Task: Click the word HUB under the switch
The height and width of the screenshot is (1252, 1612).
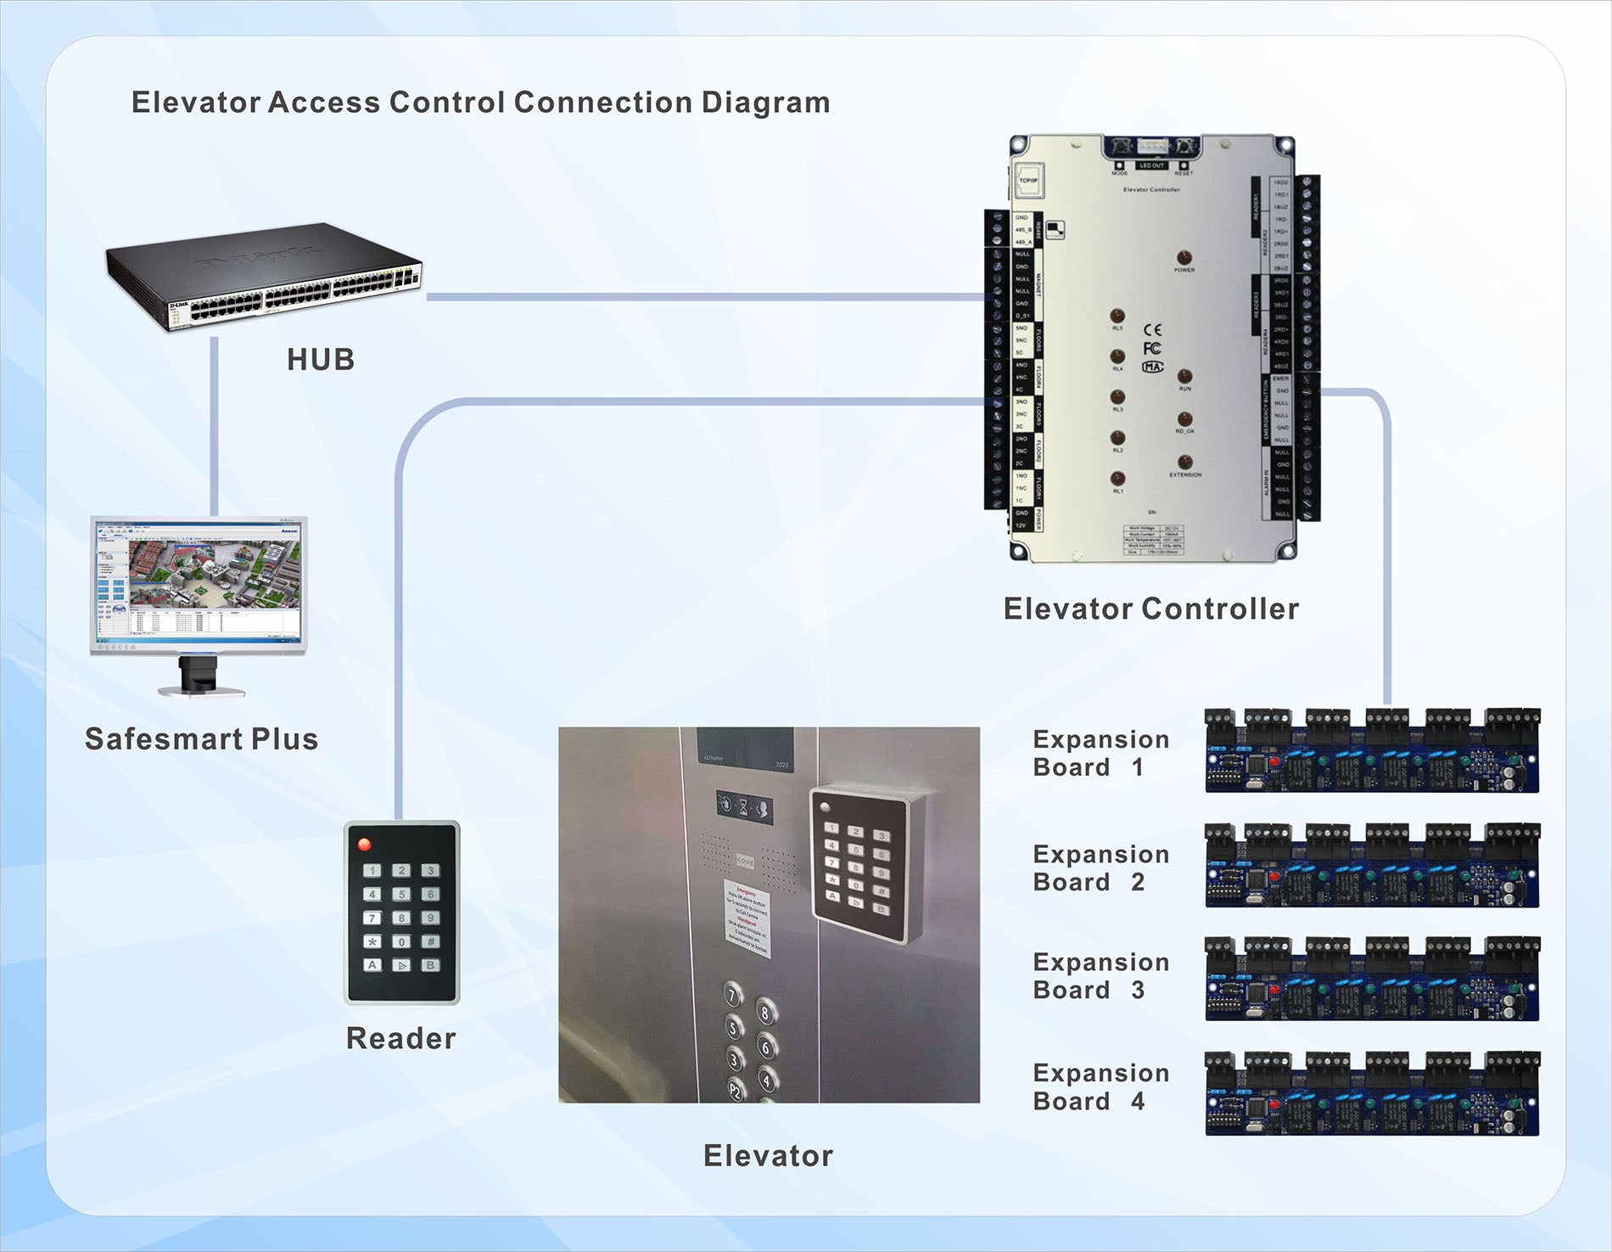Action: click(x=321, y=360)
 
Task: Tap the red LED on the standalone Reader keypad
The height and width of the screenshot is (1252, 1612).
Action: click(x=365, y=845)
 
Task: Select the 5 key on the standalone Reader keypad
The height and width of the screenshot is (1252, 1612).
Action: click(x=402, y=894)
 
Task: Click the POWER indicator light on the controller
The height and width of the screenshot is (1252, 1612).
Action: click(x=1184, y=257)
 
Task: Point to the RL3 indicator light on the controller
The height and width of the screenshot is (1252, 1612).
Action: click(x=1117, y=397)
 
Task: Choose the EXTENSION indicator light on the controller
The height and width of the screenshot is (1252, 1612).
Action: click(x=1185, y=463)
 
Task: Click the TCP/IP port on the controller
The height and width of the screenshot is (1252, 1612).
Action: click(x=1028, y=180)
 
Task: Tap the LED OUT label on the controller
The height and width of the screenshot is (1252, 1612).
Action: click(x=1151, y=166)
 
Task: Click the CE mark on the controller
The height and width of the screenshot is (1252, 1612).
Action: click(x=1152, y=329)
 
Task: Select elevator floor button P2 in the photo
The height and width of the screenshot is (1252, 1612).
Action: click(x=735, y=1089)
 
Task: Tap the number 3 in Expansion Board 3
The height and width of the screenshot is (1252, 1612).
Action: click(x=1138, y=991)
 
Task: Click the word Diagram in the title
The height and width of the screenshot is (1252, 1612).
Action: click(x=765, y=103)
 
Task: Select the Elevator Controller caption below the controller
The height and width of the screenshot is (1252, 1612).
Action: click(x=1150, y=609)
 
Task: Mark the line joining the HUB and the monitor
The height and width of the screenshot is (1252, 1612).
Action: click(x=215, y=424)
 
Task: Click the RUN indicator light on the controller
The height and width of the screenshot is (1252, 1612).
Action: click(x=1184, y=376)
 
